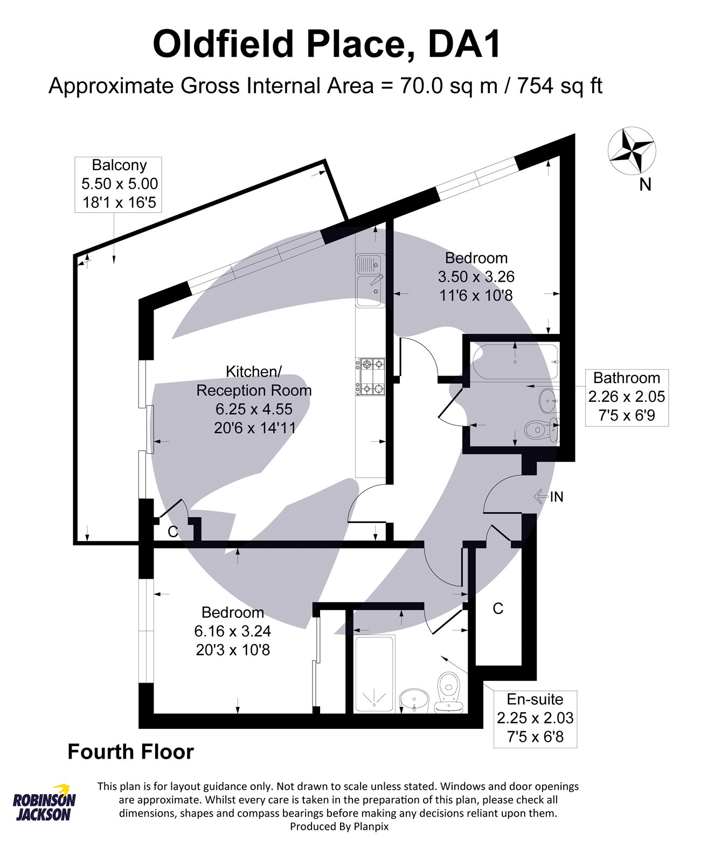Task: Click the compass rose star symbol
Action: pos(632,150)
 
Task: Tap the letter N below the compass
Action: pos(645,185)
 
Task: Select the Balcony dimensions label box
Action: pos(118,184)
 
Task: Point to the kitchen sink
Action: pos(370,280)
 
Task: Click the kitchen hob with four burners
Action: pos(370,377)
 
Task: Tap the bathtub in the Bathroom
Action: pos(515,362)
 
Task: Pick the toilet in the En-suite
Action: pos(448,692)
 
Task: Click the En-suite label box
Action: pos(535,719)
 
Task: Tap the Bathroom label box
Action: pos(627,398)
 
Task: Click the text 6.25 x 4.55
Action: pos(254,409)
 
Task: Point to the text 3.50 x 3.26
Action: pos(476,277)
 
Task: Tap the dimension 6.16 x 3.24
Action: pos(232,631)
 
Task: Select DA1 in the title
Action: pos(464,44)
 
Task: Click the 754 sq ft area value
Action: pos(560,86)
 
